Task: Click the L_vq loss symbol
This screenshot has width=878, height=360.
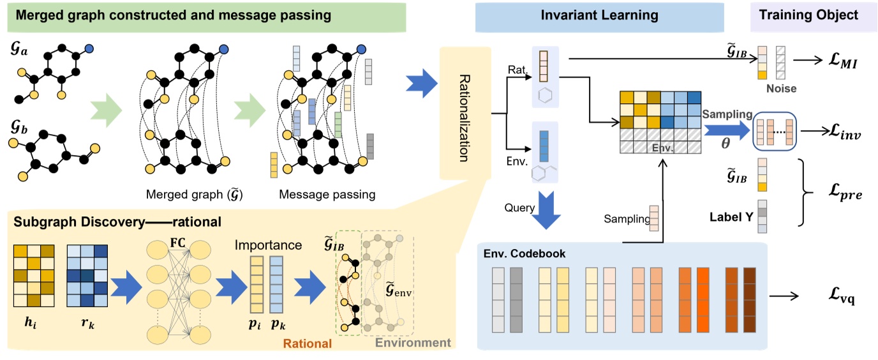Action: (x=843, y=296)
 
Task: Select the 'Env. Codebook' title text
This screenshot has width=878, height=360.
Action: (x=524, y=253)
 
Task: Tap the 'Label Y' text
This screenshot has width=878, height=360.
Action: (x=728, y=216)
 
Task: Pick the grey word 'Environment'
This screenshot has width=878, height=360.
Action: (x=412, y=343)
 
